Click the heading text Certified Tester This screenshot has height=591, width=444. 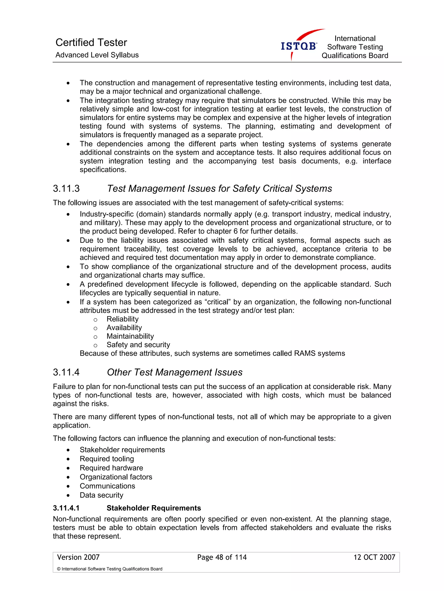[x=91, y=42]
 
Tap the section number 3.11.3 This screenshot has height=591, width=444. [x=66, y=189]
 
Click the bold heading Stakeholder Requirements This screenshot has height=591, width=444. [x=154, y=508]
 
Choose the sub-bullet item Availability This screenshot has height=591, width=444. [x=124, y=328]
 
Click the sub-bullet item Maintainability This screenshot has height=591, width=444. [x=130, y=336]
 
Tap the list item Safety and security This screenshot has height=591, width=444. [x=138, y=345]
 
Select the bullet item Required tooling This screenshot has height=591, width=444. [x=107, y=459]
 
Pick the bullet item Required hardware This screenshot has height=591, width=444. [x=111, y=468]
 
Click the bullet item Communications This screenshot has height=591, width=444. [x=107, y=486]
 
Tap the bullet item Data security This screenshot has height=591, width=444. [x=101, y=495]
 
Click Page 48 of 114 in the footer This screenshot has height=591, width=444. [x=222, y=557]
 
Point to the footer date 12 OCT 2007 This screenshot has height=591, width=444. [x=374, y=557]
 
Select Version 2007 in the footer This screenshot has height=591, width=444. [x=78, y=557]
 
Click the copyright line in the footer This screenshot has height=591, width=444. [x=109, y=569]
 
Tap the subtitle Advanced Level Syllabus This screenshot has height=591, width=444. [x=97, y=55]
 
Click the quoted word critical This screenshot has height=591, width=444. [x=217, y=302]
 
